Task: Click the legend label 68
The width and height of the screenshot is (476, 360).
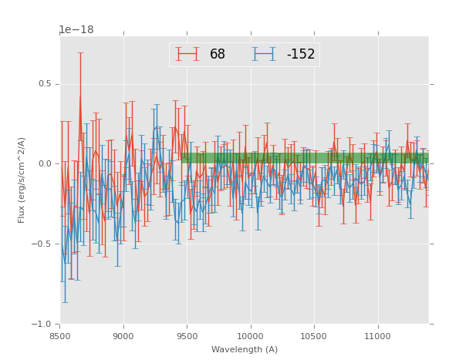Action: coord(218,55)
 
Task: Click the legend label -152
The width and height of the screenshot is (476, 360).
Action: coord(300,55)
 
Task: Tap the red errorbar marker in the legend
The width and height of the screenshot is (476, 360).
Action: coord(187,55)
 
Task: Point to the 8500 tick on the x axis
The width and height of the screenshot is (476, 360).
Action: coord(60,337)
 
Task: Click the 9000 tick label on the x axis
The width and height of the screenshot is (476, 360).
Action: coord(123,337)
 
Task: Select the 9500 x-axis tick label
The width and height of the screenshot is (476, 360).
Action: coord(187,337)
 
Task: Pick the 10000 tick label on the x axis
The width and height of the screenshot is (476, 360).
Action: coord(250,337)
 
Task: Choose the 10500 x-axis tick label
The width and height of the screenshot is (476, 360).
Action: coord(313,337)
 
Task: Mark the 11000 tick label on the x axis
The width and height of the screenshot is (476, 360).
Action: coord(377,337)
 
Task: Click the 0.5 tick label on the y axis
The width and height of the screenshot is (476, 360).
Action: coord(44,84)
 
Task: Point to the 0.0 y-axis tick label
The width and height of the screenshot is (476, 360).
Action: coord(44,164)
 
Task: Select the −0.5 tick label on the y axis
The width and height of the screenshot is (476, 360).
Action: coord(42,244)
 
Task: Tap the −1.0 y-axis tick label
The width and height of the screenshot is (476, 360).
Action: coord(42,325)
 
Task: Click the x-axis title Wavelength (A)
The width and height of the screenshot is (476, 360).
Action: coord(245,350)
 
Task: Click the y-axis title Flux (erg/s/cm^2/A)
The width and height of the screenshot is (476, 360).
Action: coord(22,180)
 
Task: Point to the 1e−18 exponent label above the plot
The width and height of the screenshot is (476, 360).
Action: coord(76,30)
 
